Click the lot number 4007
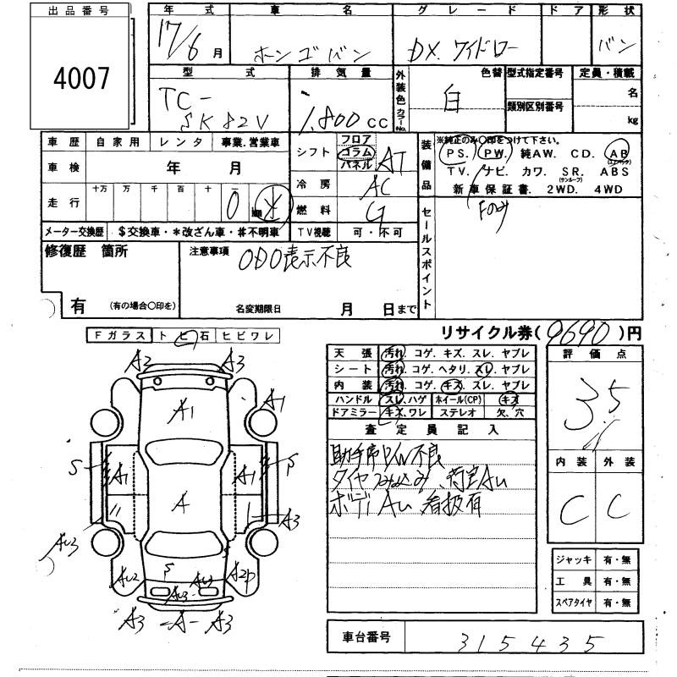81,80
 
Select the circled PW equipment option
493,155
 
